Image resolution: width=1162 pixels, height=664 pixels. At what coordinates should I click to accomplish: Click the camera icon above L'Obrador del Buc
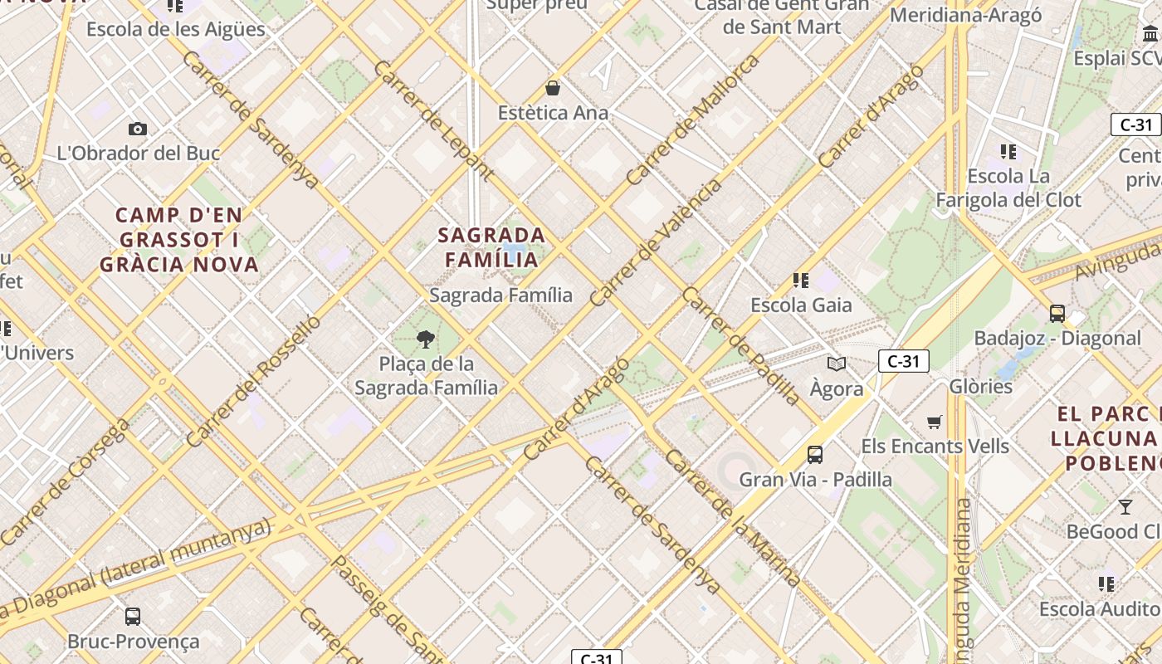point(138,129)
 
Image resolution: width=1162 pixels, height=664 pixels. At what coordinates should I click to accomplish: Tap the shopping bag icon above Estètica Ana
point(553,88)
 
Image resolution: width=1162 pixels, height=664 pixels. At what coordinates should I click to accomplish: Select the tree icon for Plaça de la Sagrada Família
point(426,339)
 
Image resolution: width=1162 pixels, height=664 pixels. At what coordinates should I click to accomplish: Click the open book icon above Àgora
point(837,364)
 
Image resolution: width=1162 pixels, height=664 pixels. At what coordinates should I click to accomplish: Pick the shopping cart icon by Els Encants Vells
point(935,422)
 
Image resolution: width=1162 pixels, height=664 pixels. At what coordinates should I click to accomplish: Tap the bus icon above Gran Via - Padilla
point(815,455)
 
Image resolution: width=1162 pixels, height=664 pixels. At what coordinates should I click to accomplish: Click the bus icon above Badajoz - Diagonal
point(1057,314)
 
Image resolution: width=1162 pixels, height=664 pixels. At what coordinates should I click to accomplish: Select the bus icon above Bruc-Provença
point(133,617)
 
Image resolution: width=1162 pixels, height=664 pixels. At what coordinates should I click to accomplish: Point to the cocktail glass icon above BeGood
point(1125,507)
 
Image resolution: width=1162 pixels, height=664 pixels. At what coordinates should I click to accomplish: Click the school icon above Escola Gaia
point(801,281)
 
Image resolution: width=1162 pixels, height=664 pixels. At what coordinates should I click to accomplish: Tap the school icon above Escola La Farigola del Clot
point(1008,152)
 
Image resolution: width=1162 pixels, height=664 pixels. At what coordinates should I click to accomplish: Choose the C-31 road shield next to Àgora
point(903,361)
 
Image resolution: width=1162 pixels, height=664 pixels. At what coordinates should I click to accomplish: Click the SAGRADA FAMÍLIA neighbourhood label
point(491,247)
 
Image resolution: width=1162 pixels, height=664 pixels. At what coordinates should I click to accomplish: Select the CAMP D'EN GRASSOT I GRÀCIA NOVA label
point(179,240)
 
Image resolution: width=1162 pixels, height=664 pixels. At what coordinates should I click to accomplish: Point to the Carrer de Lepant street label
point(433,120)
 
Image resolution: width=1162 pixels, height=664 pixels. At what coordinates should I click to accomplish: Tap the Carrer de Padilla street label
point(740,346)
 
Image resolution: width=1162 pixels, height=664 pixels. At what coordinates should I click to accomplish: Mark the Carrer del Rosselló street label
point(253,381)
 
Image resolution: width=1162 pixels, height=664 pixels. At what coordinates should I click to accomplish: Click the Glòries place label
point(980,387)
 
